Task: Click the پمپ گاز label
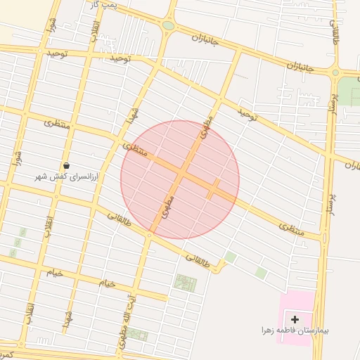(103, 5)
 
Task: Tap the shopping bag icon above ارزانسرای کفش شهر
(66, 165)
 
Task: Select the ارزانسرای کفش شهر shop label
(68, 177)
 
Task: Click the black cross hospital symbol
(295, 320)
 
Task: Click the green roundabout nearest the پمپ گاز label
(168, 26)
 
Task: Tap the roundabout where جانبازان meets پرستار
(335, 72)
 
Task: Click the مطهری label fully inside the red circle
(169, 205)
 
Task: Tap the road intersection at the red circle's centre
(181, 174)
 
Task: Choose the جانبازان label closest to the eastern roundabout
(300, 67)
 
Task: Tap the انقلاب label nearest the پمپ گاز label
(94, 28)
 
